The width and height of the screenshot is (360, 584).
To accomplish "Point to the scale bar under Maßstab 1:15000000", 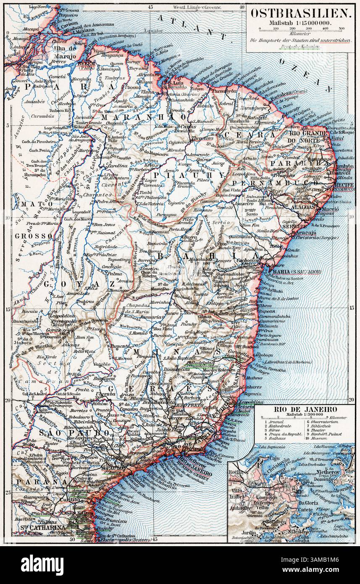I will click(x=300, y=29).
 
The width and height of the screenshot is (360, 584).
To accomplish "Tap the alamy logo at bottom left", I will click(x=38, y=564).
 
